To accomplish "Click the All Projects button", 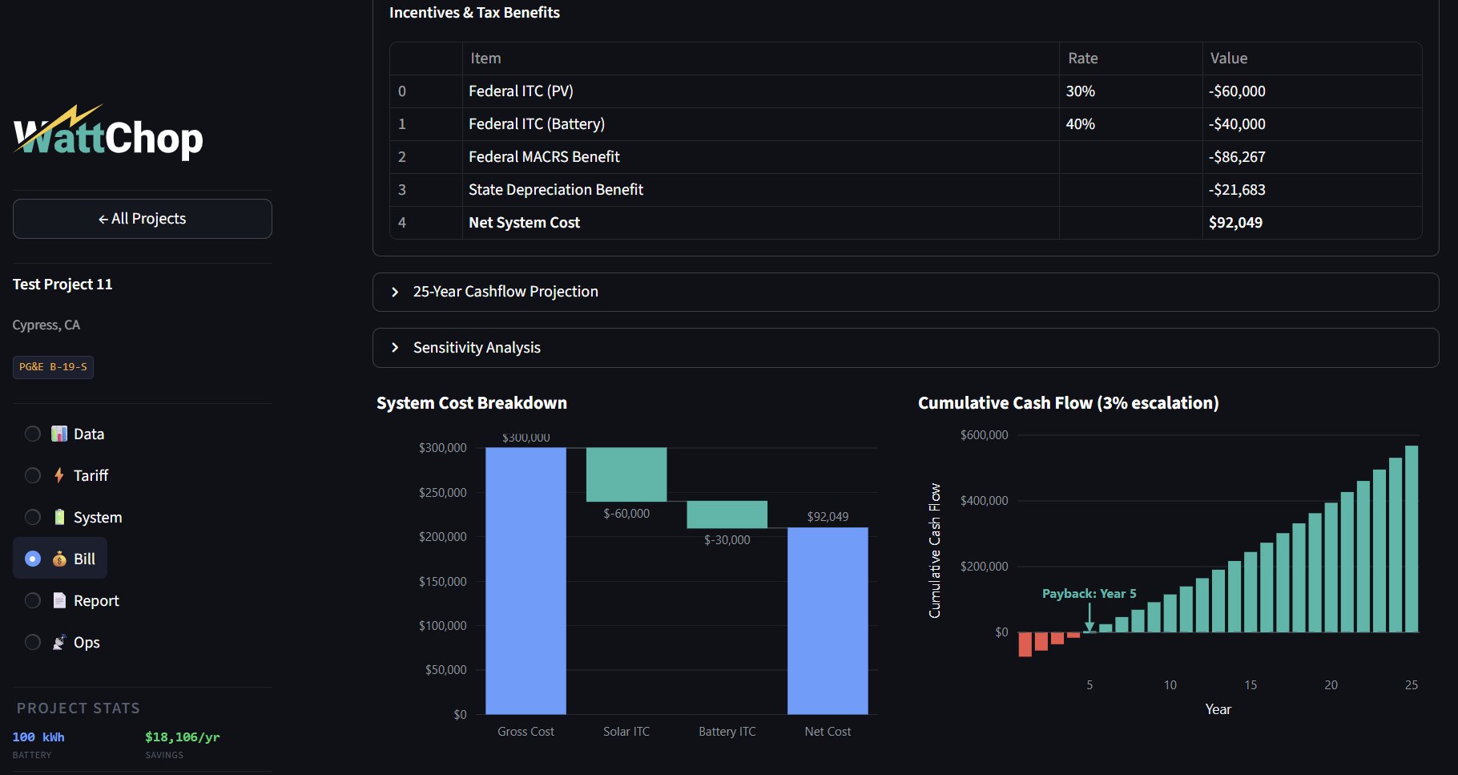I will click(142, 219).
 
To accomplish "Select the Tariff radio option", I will click(33, 475).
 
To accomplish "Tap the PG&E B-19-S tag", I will click(53, 367).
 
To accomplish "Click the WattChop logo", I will click(108, 134).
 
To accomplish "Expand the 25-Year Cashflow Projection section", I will click(505, 292).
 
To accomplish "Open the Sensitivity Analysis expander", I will click(476, 348).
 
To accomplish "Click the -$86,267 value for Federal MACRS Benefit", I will click(1237, 157).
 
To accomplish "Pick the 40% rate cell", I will click(1080, 124).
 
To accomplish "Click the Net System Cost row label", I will click(524, 223).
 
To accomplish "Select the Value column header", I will click(1228, 59).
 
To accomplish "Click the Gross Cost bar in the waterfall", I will click(526, 580).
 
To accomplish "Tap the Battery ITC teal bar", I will click(727, 515).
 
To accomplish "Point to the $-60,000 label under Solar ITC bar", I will click(626, 514).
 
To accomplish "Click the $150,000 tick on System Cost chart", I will click(442, 582).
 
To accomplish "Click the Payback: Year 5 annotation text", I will click(1089, 594).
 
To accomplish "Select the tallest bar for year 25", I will click(1412, 539).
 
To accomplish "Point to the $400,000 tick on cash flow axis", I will click(984, 501).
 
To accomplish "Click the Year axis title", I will click(1218, 709).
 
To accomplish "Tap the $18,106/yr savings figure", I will click(182, 737).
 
